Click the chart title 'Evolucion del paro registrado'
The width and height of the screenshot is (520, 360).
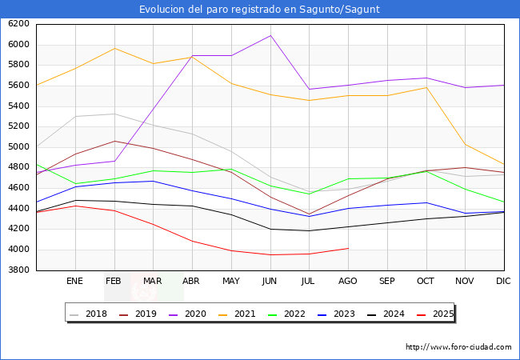pos(259,10)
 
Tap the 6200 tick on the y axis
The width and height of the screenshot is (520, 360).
pos(18,24)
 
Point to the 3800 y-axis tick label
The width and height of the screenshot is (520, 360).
pos(18,270)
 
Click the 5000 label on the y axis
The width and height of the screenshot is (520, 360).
pos(18,147)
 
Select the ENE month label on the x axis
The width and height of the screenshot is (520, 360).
pos(75,282)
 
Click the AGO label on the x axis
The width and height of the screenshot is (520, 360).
pos(348,282)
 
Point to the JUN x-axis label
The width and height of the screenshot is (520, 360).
pos(270,282)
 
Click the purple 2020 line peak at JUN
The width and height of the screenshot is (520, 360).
pos(270,35)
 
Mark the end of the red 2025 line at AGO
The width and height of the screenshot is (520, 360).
pos(348,248)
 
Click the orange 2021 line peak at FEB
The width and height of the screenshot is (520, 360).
pos(114,48)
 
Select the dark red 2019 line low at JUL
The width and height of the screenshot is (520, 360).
pos(309,214)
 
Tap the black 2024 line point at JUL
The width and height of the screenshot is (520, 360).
pos(309,230)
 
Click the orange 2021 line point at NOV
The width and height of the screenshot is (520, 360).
pos(465,144)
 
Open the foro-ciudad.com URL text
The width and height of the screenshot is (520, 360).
pos(458,347)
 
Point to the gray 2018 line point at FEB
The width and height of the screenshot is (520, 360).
pos(114,114)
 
